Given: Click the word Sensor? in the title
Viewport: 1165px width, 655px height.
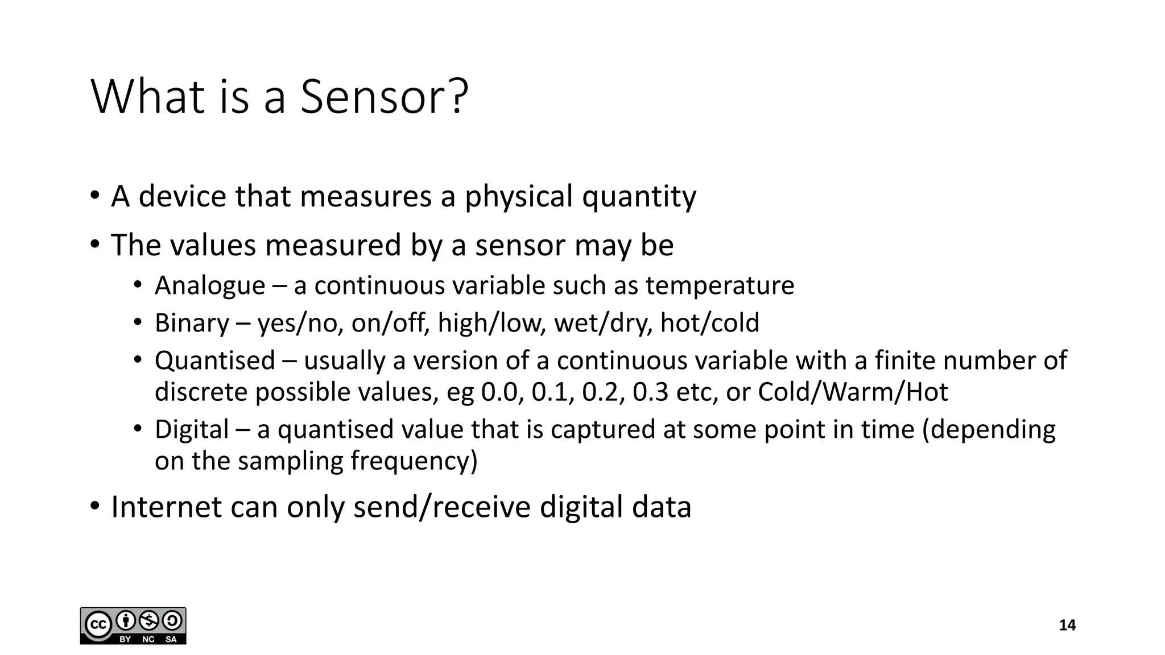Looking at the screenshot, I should click(384, 97).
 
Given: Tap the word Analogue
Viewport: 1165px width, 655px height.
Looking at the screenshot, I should click(210, 285).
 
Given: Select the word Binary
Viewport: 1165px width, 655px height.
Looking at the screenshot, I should click(192, 323).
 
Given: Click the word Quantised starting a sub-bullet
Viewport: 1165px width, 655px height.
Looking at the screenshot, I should click(215, 360).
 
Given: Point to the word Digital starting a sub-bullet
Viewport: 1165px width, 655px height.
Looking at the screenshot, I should click(192, 429).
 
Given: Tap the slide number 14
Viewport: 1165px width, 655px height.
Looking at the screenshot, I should click(1067, 625).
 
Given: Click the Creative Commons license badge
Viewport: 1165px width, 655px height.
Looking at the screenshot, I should click(133, 625).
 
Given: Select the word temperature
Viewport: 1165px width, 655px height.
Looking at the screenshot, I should click(720, 285).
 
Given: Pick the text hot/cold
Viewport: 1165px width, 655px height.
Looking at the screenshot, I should click(709, 323).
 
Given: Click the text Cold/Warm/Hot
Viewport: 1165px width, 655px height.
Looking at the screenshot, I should click(853, 392).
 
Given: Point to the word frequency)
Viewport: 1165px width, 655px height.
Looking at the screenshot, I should click(414, 461).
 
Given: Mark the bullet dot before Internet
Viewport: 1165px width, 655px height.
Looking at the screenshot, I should click(95, 505).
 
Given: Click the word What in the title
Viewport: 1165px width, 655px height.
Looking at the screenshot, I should click(147, 97).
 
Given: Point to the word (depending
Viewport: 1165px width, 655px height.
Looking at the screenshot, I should click(989, 429).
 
